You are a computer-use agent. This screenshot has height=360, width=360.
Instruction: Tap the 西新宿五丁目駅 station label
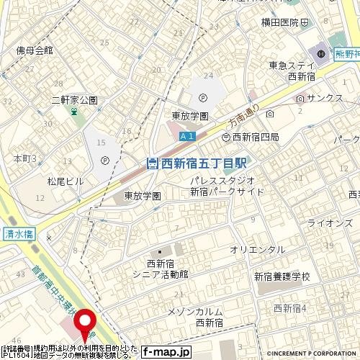[201, 163]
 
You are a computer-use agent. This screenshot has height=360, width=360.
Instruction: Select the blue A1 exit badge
[186, 137]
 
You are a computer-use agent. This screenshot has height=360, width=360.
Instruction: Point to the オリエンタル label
[257, 248]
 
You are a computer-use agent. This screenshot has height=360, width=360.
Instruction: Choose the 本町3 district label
[24, 158]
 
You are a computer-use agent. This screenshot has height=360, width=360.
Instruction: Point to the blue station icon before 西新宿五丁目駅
[151, 163]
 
